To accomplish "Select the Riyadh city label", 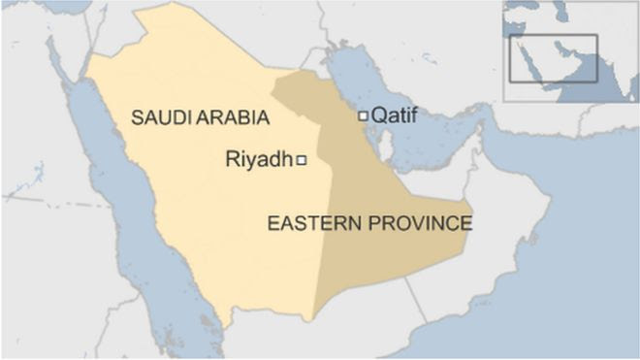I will [258, 159].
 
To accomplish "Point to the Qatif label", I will [395, 115].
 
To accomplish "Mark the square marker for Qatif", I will [363, 115].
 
